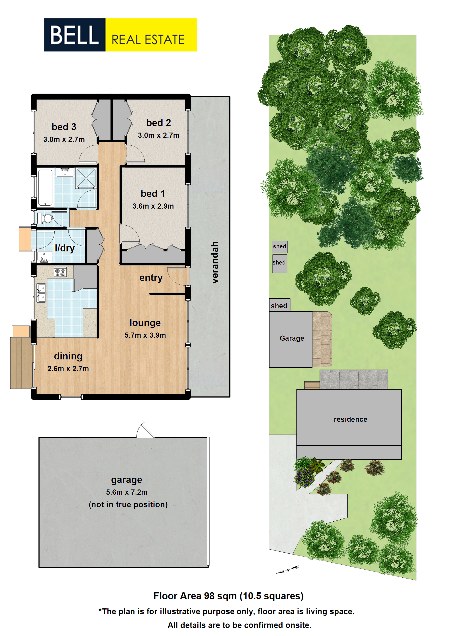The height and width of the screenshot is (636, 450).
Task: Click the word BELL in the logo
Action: [74, 35]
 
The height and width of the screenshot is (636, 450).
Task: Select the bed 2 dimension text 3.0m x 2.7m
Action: [159, 135]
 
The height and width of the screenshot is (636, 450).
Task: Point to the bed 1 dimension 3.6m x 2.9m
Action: [153, 206]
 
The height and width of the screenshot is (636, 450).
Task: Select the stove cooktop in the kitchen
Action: [60, 272]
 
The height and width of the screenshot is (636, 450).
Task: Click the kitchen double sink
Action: [41, 293]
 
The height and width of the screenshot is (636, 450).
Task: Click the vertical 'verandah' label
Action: [215, 262]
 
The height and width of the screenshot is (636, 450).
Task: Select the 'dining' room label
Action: [68, 356]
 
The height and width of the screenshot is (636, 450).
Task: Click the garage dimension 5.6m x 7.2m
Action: [127, 492]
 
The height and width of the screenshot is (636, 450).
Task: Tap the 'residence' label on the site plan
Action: [350, 419]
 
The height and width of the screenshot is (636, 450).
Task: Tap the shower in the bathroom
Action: [86, 178]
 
